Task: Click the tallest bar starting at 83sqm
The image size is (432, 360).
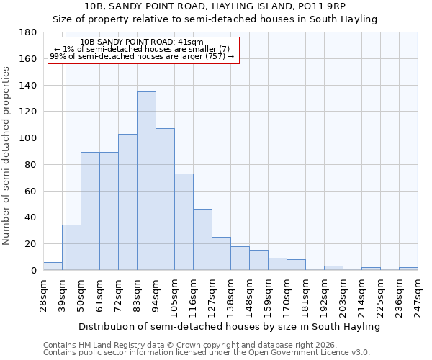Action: pos(146,181)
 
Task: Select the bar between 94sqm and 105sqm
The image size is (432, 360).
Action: pos(165,199)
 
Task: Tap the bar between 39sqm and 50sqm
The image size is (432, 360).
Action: pos(71,248)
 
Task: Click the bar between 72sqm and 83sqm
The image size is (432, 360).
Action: pos(127,202)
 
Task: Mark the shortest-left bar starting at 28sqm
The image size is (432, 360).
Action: pos(53,266)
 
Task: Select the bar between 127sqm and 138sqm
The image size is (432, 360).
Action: pos(221,253)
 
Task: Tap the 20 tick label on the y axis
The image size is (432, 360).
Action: pos(31,244)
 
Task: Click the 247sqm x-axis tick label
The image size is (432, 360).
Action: pos(418,295)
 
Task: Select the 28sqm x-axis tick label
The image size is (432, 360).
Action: pos(44,295)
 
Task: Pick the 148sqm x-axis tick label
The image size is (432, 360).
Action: pos(250,295)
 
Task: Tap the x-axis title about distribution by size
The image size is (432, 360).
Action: pos(229,327)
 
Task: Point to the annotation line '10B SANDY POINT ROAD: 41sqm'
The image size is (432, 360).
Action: pos(142,42)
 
